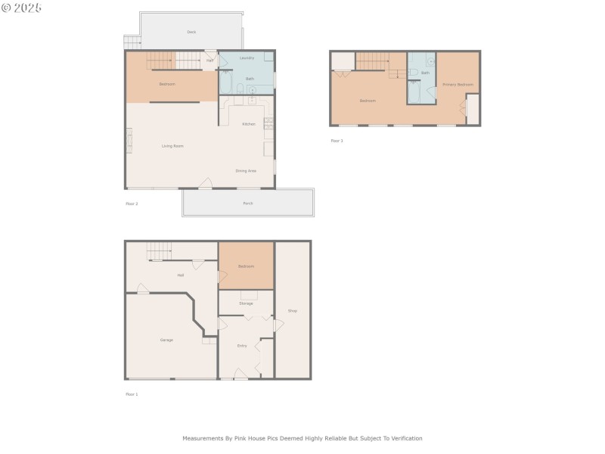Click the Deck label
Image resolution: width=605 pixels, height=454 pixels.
click(x=191, y=32)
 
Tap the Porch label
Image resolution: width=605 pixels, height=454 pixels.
click(x=248, y=204)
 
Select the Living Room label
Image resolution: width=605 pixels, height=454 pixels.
click(x=172, y=146)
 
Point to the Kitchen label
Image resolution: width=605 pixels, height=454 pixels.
click(x=248, y=124)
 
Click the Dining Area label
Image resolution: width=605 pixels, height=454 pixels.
click(x=246, y=171)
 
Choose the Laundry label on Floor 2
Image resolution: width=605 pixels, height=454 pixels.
click(x=247, y=58)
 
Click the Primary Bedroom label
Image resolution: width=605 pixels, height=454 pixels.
click(x=458, y=85)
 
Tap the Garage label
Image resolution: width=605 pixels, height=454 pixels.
click(x=166, y=340)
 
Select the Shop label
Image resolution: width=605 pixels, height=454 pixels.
click(x=293, y=311)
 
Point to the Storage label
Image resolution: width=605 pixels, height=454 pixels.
click(x=246, y=303)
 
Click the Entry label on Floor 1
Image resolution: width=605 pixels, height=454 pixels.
click(x=242, y=346)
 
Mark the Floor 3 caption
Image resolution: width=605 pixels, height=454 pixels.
click(x=337, y=141)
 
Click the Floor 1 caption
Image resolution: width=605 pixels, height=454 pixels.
click(x=132, y=394)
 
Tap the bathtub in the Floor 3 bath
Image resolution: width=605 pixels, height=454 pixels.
click(x=414, y=92)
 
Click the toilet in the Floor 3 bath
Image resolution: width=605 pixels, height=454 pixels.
click(x=414, y=73)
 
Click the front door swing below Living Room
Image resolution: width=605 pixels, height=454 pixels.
click(x=205, y=182)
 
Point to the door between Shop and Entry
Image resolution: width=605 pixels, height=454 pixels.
click(x=278, y=325)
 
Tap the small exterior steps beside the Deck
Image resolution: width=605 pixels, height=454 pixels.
click(x=132, y=42)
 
